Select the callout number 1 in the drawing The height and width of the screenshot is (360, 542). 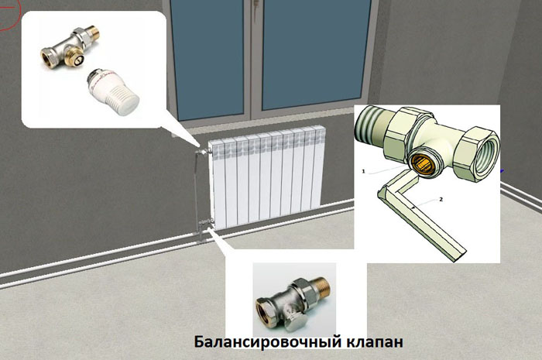pyautogui.click(x=364, y=171)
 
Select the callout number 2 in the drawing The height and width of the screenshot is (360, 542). pyautogui.click(x=441, y=199)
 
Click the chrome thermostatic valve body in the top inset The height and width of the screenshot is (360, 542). pyautogui.click(x=71, y=46)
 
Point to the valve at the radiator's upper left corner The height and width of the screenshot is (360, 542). pyautogui.click(x=203, y=151)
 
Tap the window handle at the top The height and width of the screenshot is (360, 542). pyautogui.click(x=256, y=4)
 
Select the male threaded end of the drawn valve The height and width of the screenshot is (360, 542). pyautogui.click(x=372, y=128)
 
